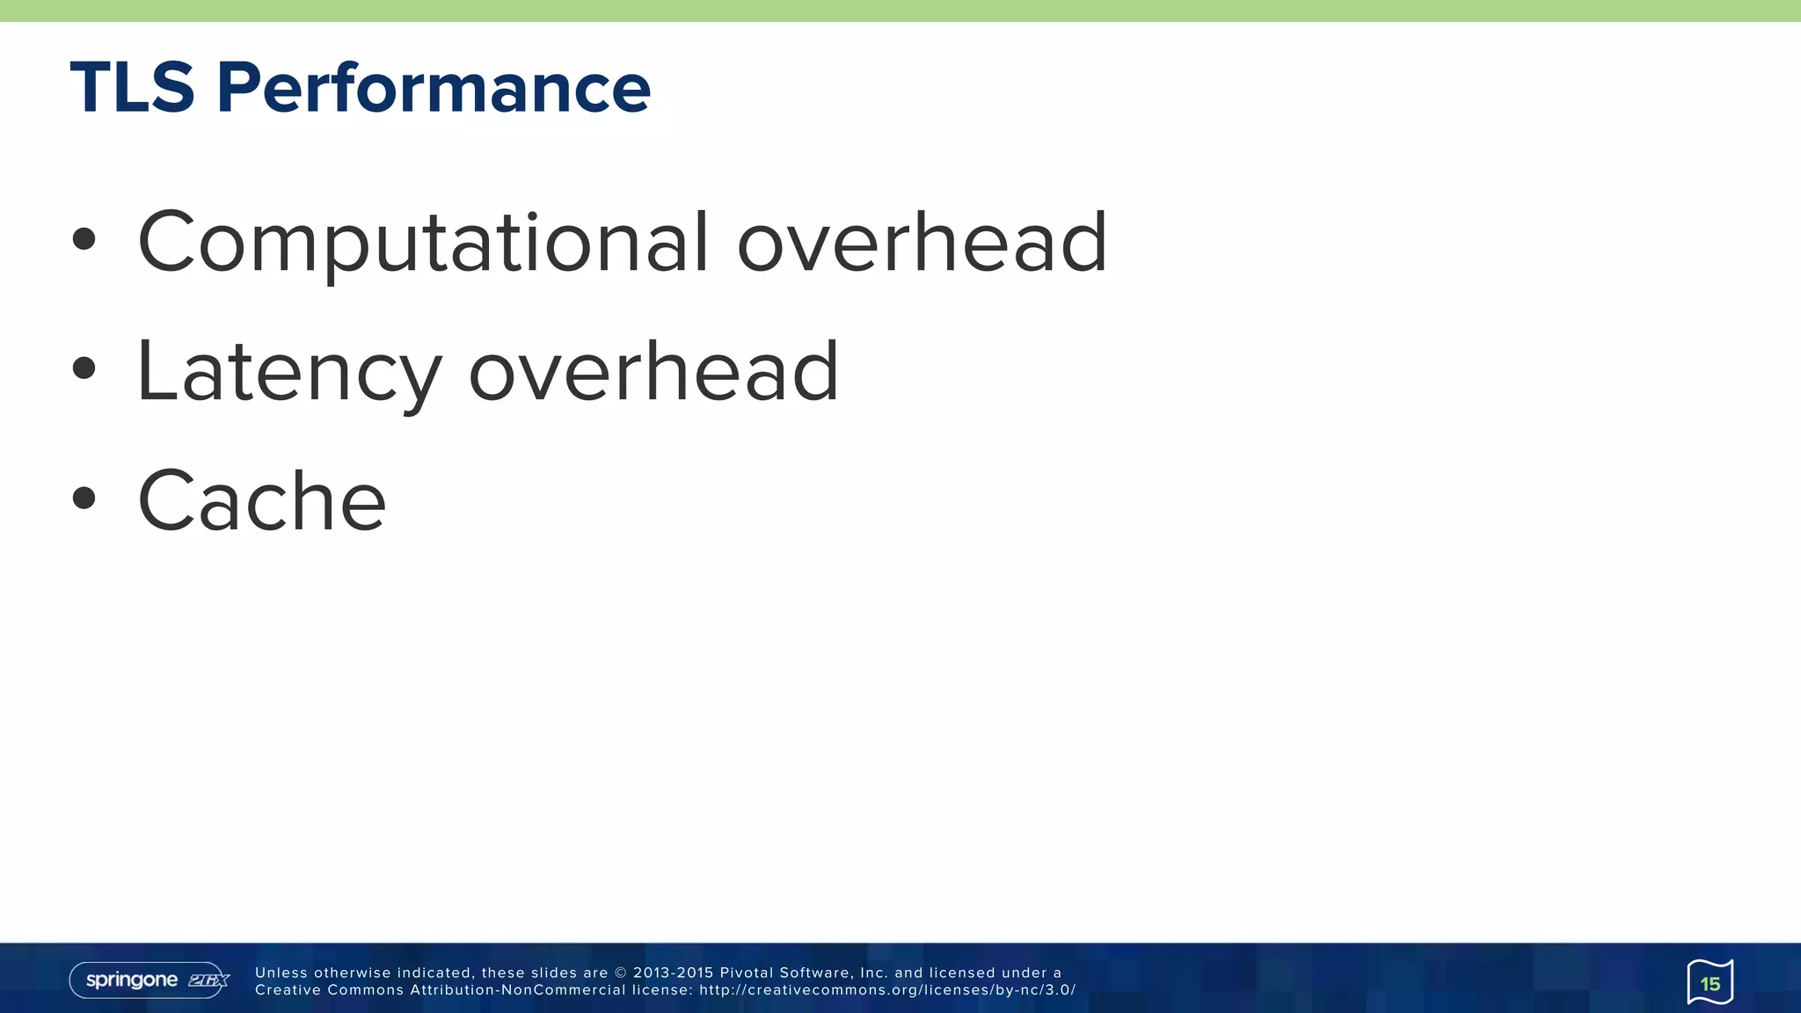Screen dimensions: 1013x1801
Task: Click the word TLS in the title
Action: click(x=132, y=88)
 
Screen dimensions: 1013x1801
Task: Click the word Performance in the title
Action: click(x=433, y=88)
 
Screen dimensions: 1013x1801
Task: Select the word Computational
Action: click(x=422, y=242)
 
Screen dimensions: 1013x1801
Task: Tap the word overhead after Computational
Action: click(x=922, y=242)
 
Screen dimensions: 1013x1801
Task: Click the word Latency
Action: click(x=288, y=372)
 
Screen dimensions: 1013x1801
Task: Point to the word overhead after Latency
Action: click(x=653, y=372)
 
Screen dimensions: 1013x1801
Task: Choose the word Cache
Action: click(x=262, y=501)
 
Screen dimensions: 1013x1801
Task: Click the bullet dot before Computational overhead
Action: click(x=84, y=239)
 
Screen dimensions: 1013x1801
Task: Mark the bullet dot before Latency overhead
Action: click(x=84, y=368)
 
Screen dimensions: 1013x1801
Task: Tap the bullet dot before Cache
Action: click(x=84, y=499)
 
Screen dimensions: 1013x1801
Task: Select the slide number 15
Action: click(x=1710, y=983)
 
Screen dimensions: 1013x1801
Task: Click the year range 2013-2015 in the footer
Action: click(x=672, y=973)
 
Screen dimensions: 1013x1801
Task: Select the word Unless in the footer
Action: click(x=281, y=973)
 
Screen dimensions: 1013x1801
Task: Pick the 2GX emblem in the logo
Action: click(x=208, y=980)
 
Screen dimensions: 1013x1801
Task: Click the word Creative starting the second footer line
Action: click(x=288, y=990)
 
